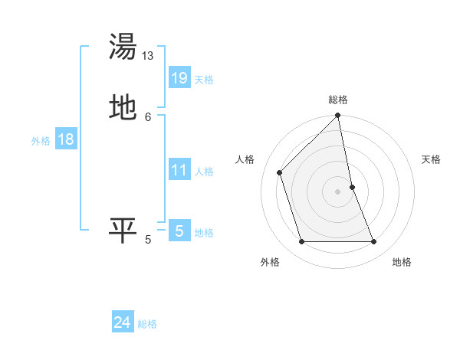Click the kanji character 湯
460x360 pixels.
point(123,47)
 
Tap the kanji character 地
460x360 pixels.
point(123,106)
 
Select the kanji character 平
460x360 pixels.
point(123,230)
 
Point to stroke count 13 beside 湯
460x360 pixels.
point(148,56)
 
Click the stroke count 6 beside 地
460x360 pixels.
point(148,116)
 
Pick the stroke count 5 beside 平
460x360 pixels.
point(148,240)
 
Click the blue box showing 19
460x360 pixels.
point(179,78)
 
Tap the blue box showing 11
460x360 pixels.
point(179,170)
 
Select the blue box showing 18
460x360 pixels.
point(65,139)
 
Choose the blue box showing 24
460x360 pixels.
point(123,323)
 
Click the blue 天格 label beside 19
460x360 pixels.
point(204,80)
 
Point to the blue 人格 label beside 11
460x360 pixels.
point(204,172)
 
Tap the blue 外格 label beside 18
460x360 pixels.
point(41,141)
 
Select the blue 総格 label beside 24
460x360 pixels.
point(147,325)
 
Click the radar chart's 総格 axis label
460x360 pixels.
point(338,100)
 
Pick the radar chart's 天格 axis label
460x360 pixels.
point(431,159)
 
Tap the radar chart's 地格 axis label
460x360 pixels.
point(402,262)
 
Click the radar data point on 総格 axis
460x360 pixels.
point(338,116)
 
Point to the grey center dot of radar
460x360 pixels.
point(338,191)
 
